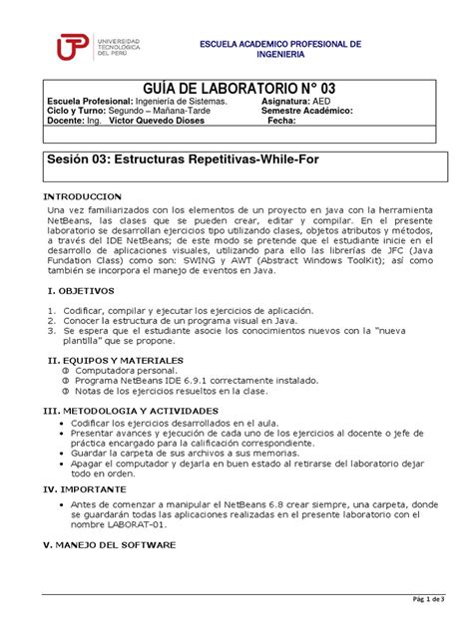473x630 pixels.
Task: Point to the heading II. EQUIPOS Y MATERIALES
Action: click(116, 357)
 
